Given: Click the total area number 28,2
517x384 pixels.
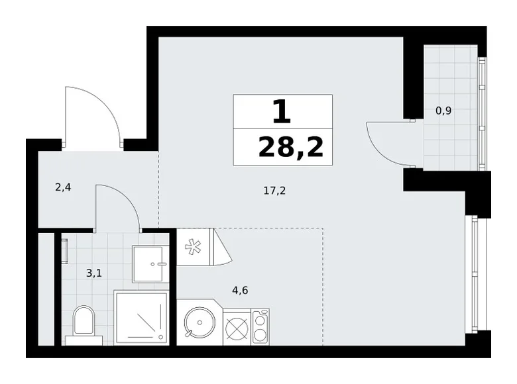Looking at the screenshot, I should pyautogui.click(x=290, y=146).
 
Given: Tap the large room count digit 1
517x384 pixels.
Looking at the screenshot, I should pyautogui.click(x=282, y=111).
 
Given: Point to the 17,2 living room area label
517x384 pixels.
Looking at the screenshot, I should pyautogui.click(x=274, y=191).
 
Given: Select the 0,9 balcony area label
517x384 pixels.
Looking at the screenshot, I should pyautogui.click(x=443, y=111).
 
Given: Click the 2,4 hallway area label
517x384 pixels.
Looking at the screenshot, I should pyautogui.click(x=63, y=187).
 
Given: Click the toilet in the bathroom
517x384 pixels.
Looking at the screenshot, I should pyautogui.click(x=84, y=322).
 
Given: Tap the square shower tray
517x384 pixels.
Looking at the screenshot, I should pyautogui.click(x=142, y=318).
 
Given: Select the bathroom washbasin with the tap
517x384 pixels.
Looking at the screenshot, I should pyautogui.click(x=151, y=264).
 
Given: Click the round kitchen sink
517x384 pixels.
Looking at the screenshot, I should pyautogui.click(x=198, y=323).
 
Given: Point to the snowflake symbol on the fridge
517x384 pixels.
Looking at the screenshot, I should pyautogui.click(x=194, y=247).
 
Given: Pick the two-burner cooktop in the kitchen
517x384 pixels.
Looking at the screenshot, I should pyautogui.click(x=260, y=326).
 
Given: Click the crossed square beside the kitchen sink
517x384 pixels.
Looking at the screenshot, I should pyautogui.click(x=236, y=327).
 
